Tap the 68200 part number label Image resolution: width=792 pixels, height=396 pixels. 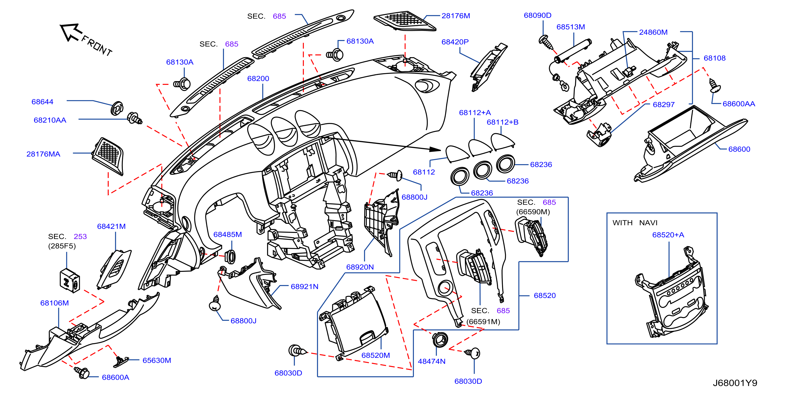258,78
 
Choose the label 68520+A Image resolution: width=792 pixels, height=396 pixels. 668,235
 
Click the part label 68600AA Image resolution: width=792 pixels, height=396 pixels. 739,104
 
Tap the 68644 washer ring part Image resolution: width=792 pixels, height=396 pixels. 117,108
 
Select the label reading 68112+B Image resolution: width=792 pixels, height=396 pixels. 502,122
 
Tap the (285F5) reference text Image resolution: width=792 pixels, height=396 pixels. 62,246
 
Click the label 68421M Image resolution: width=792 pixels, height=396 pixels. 111,226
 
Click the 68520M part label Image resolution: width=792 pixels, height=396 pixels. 375,355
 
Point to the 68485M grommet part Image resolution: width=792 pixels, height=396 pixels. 230,257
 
